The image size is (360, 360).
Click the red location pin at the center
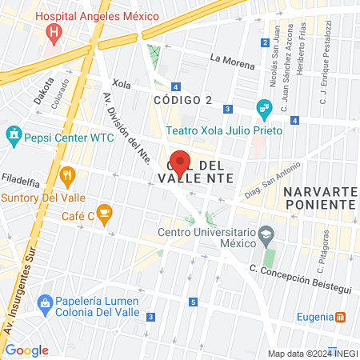click(x=180, y=163)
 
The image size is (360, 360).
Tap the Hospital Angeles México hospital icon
click(x=54, y=33)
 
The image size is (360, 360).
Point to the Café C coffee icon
click(x=105, y=213)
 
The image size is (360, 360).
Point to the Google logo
click(x=26, y=350)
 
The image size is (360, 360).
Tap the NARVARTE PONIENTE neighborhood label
click(x=319, y=199)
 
